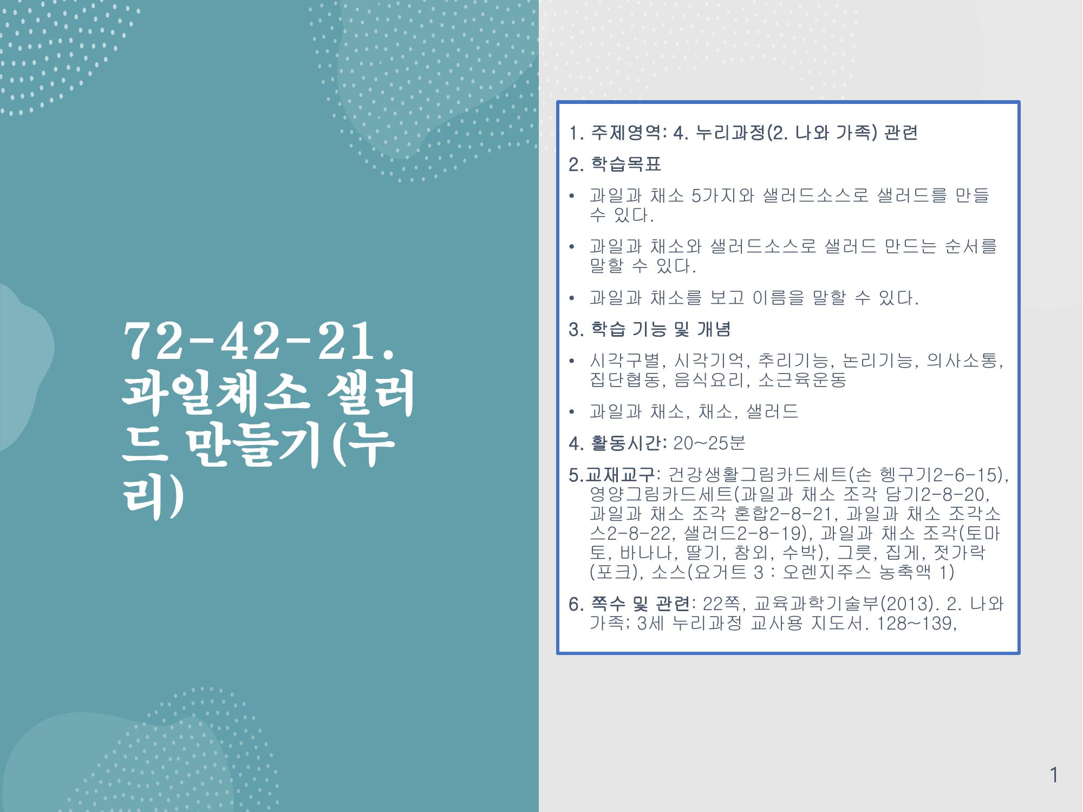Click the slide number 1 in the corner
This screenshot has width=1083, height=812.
(x=1054, y=775)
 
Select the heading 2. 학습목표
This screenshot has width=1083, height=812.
(x=615, y=164)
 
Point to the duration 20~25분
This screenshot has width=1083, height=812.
(x=709, y=443)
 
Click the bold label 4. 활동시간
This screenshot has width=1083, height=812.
(x=618, y=443)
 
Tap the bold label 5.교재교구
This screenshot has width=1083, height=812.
(x=612, y=475)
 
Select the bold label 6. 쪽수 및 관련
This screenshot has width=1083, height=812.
(x=630, y=603)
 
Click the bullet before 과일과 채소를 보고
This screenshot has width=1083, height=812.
(x=572, y=298)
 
